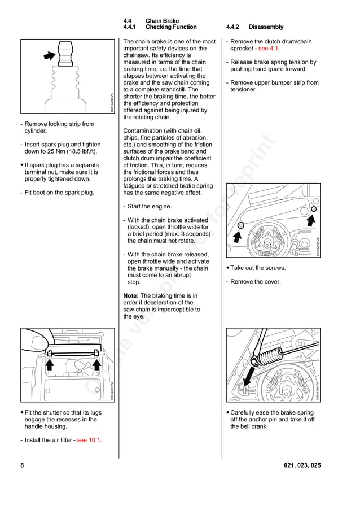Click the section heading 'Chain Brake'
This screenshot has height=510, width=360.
162,21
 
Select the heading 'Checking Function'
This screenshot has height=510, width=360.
171,27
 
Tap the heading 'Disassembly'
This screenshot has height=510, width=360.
266,27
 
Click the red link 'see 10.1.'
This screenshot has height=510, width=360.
89,440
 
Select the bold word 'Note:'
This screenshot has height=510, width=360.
131,296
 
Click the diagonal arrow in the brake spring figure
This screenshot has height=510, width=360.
248,377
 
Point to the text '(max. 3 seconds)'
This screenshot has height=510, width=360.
186,234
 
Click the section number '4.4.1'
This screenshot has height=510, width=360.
130,27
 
